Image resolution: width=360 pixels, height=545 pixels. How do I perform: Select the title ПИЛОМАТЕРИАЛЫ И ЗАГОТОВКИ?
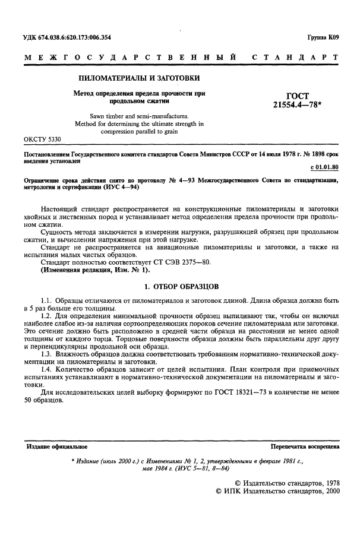point(140,78)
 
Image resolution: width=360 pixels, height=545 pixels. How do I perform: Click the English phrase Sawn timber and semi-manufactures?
point(138,116)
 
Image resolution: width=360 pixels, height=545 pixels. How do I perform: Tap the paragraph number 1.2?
point(46,316)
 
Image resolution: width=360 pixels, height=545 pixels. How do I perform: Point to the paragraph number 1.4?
point(46,370)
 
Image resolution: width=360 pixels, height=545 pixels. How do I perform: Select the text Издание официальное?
point(56,445)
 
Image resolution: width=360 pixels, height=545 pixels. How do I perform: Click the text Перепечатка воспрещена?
point(304,445)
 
